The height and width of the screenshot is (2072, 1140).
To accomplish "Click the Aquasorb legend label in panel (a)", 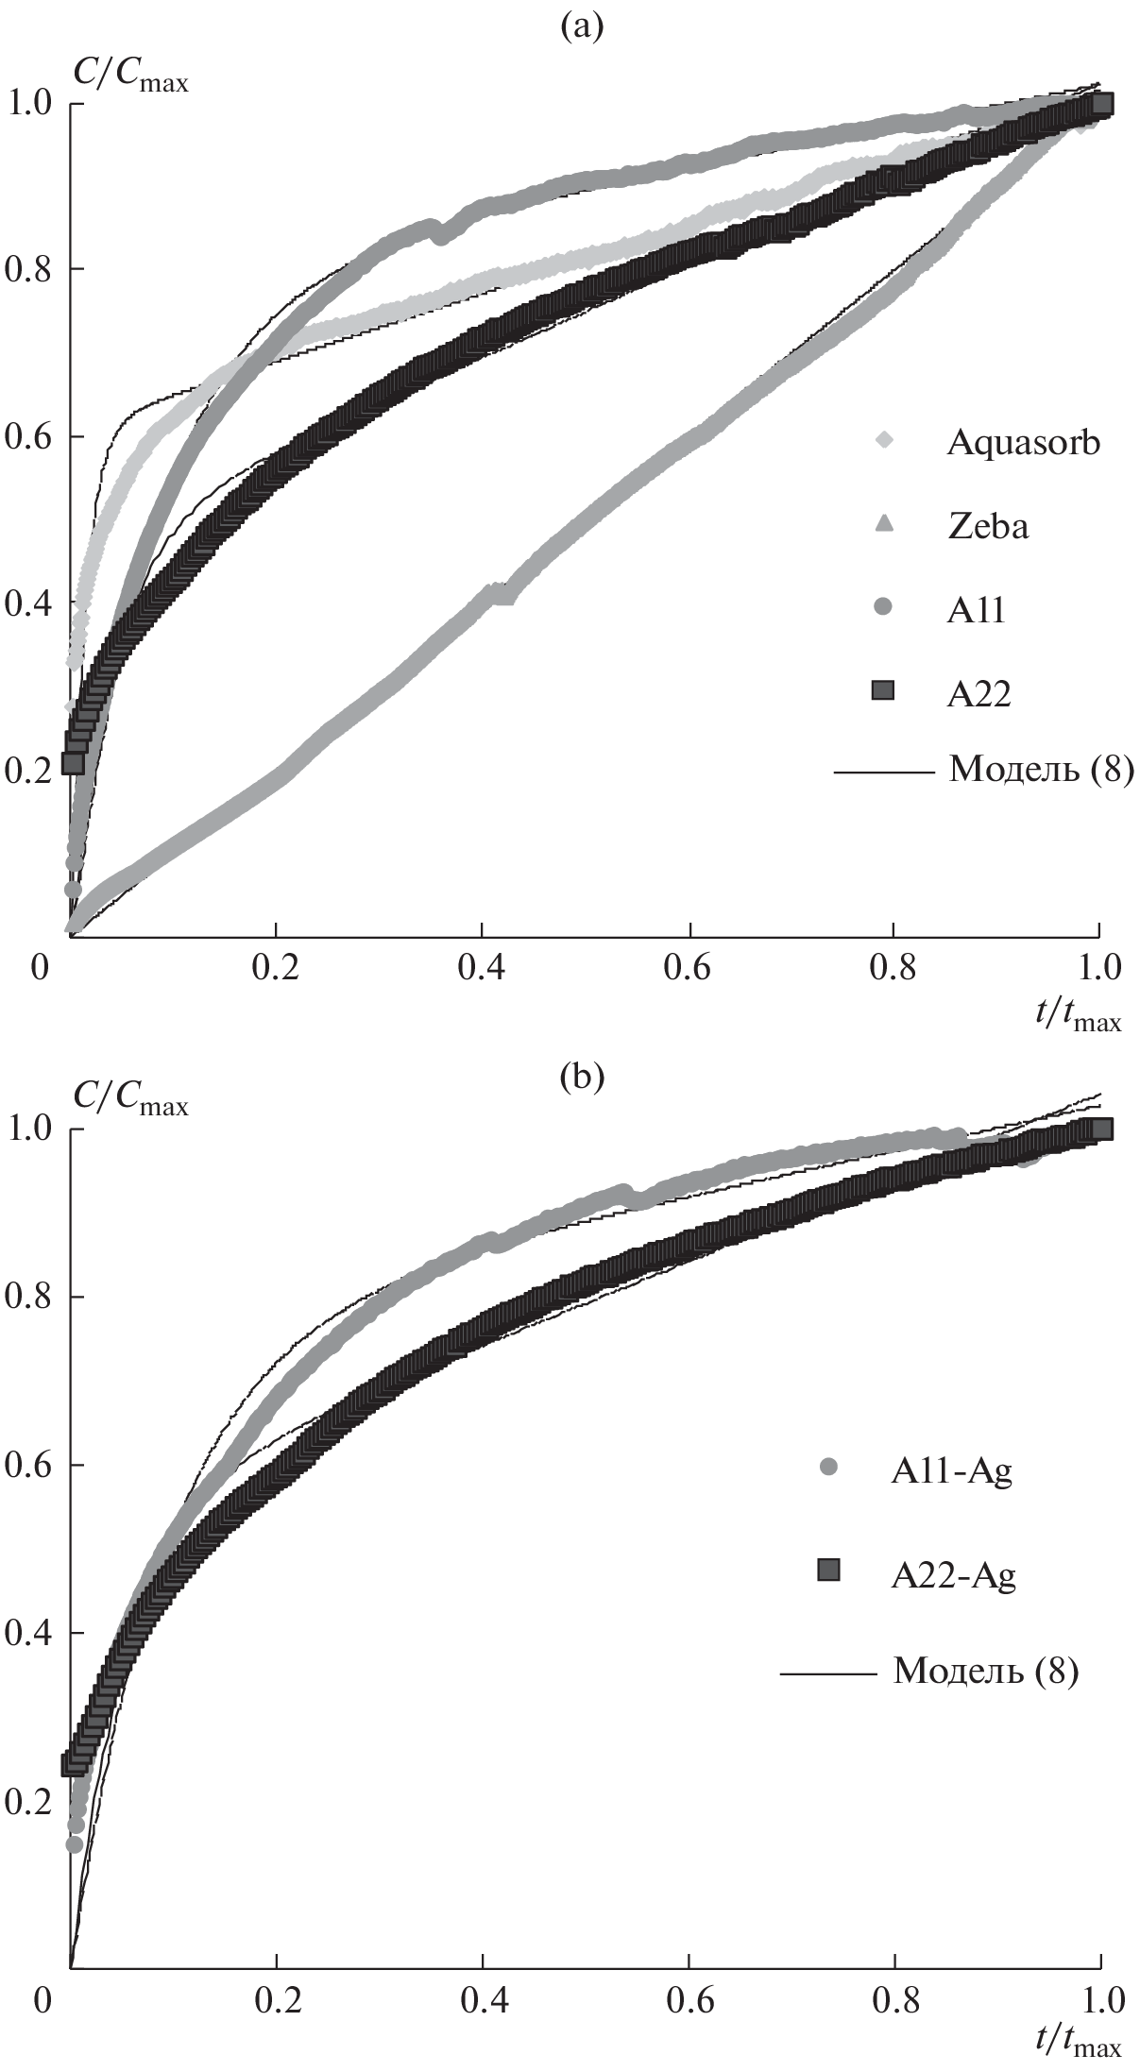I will [1023, 443].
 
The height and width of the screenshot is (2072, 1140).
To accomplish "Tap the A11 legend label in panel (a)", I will [977, 610].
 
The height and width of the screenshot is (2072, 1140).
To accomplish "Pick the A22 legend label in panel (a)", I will [979, 694].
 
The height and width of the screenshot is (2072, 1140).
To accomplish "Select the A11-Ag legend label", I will [951, 1472].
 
